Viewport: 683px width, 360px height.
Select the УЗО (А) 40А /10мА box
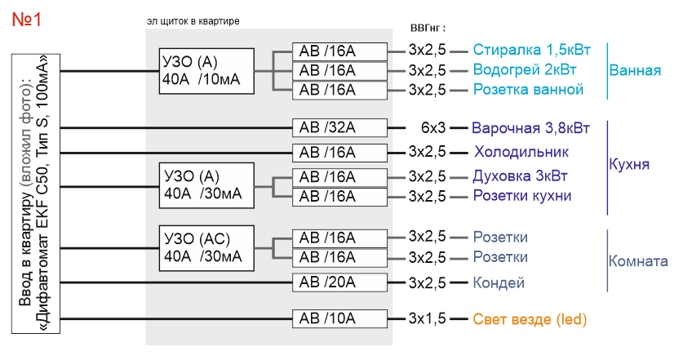206,71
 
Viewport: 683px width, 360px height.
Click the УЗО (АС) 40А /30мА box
206,247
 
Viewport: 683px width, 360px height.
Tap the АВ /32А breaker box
339,127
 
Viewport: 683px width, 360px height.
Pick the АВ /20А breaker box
339,282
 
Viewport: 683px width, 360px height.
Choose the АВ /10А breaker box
339,318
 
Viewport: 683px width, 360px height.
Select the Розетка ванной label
528,89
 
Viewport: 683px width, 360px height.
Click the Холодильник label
521,152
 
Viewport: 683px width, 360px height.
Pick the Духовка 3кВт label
519,176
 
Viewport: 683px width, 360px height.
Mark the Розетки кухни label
522,195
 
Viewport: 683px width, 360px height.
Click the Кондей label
499,283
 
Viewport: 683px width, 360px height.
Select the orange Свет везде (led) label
530,319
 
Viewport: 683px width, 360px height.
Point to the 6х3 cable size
433,128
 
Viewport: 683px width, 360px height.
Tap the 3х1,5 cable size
427,319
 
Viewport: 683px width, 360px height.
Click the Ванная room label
635,71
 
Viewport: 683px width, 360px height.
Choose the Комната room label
638,262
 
